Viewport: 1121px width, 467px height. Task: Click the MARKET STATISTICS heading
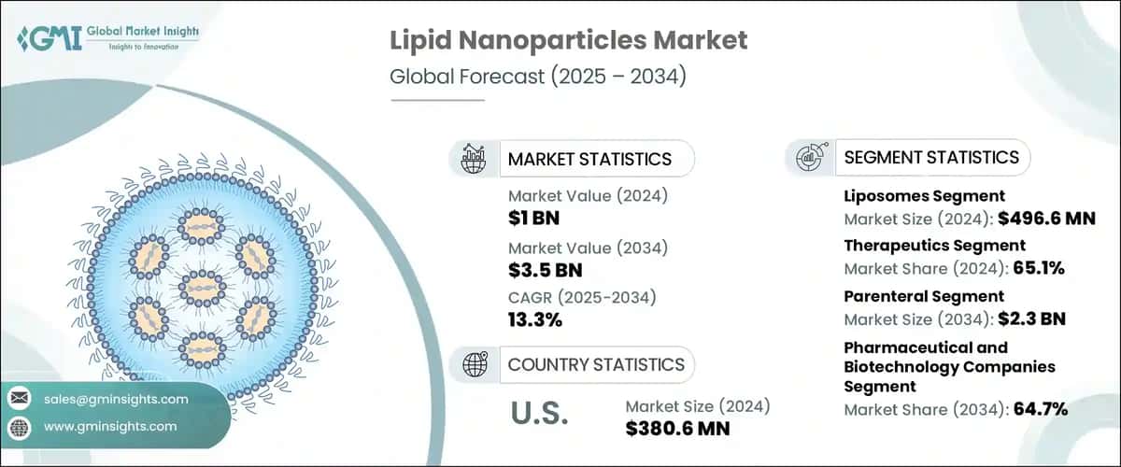pos(589,159)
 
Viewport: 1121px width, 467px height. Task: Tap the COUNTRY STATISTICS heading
pos(596,364)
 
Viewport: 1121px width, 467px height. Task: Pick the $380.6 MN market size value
pos(677,429)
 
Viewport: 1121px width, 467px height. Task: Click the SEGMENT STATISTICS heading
pos(931,158)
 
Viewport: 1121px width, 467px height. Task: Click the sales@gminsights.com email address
pos(116,399)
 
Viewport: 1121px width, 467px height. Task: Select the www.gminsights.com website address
pos(111,426)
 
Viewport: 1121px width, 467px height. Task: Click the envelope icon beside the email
pos(20,399)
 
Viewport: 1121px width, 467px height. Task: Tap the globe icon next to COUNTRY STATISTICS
pos(475,364)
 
